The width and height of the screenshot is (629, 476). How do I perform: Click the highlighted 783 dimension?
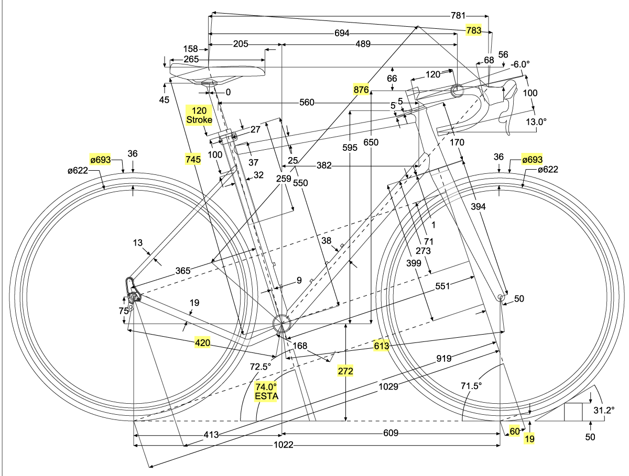pos(474,30)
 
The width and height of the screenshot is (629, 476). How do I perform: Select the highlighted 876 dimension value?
pos(361,90)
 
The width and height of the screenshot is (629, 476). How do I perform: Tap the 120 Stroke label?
pos(200,115)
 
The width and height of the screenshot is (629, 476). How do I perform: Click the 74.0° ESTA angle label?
pos(266,392)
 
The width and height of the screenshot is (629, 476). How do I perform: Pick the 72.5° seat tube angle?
pos(261,366)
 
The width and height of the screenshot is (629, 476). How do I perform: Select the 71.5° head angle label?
pos(471,386)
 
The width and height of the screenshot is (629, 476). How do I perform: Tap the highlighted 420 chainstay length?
pos(203,344)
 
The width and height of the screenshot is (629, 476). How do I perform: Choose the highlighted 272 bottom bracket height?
pos(345,371)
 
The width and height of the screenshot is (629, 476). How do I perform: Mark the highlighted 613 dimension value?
pos(381,346)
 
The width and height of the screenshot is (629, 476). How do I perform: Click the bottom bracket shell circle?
pos(281,323)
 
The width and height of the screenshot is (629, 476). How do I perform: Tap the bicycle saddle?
pos(215,72)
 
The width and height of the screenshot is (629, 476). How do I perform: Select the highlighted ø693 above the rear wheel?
pos(100,160)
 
